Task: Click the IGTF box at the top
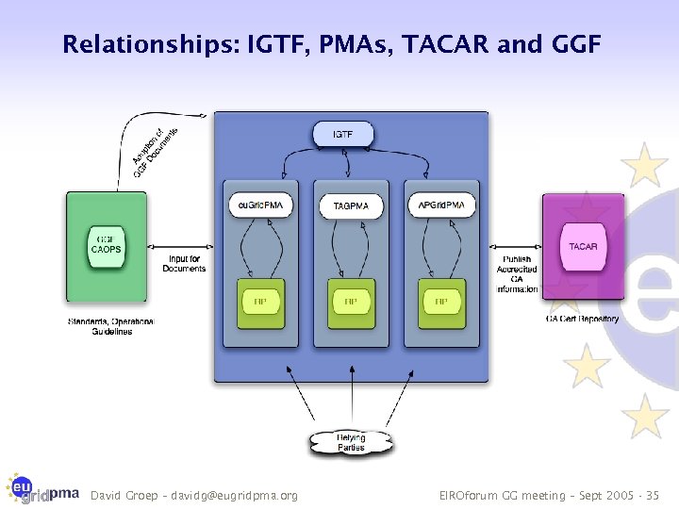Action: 343,135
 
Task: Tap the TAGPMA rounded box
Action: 351,205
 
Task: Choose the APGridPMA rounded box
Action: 441,204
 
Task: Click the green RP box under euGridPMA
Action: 261,303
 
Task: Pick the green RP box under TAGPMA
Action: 351,303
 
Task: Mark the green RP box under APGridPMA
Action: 440,303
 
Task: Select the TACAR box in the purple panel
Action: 583,247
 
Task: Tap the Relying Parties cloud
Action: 351,442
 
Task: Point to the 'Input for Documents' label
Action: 184,264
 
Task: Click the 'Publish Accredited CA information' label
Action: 516,273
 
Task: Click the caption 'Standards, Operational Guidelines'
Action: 110,326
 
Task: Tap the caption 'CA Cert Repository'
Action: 582,319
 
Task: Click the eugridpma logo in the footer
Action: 42,487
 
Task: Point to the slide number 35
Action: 655,495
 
